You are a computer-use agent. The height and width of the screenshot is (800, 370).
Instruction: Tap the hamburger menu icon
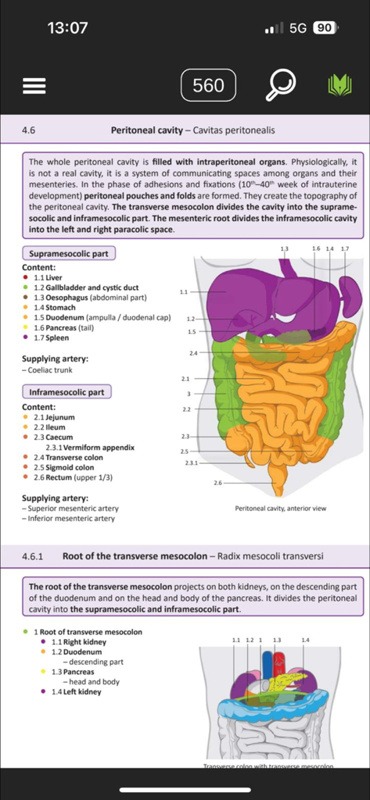click(34, 85)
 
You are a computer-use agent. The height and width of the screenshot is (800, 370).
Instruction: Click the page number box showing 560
click(208, 85)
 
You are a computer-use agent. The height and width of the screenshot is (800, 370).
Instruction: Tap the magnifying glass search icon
click(279, 85)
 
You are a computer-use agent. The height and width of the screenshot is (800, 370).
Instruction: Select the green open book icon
click(339, 85)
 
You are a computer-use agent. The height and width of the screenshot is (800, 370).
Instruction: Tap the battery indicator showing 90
click(325, 28)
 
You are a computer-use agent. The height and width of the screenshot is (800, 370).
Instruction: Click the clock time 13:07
click(67, 28)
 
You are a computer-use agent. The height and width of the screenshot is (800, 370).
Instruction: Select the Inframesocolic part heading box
click(66, 392)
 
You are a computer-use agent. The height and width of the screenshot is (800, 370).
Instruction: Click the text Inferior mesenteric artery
click(70, 518)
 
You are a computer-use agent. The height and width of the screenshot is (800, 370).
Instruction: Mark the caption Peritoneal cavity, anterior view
click(281, 508)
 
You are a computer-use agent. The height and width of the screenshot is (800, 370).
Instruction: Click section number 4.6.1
click(32, 557)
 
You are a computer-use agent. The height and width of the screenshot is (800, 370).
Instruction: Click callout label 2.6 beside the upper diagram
click(218, 483)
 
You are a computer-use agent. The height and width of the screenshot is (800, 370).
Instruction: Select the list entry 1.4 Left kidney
click(76, 691)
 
